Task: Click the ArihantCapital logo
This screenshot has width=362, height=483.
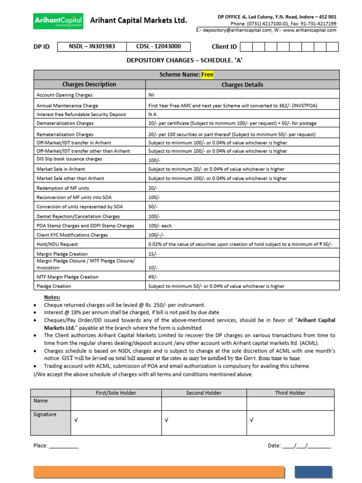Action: click(58, 21)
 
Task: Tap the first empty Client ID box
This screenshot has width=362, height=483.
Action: click(246, 47)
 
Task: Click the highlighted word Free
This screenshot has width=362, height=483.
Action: click(207, 75)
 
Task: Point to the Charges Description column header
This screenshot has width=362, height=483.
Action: click(89, 84)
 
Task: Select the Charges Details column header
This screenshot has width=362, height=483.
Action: click(242, 85)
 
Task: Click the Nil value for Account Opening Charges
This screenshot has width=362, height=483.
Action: click(152, 95)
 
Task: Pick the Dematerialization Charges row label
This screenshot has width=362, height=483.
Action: click(65, 123)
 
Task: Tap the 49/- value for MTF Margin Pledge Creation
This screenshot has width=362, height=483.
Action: click(153, 277)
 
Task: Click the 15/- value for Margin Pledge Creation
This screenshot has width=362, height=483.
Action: click(153, 254)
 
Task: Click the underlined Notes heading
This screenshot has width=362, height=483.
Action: click(52, 297)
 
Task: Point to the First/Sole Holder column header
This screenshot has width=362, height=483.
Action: click(115, 393)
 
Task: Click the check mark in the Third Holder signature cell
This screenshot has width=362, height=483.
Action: click(252, 420)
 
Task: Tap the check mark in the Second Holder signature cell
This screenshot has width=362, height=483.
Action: click(166, 420)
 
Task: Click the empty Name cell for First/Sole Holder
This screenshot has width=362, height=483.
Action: click(115, 404)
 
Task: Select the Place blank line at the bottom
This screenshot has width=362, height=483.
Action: click(64, 446)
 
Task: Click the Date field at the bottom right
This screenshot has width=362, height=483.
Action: click(306, 446)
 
